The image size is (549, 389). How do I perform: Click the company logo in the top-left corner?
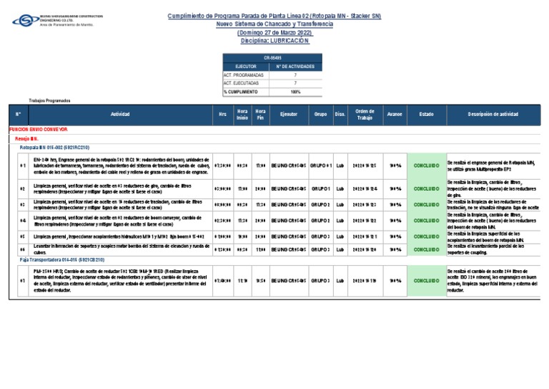click(43, 20)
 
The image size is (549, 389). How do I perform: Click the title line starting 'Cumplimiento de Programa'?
click(274, 16)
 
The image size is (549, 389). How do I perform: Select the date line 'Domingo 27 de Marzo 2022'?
click(274, 33)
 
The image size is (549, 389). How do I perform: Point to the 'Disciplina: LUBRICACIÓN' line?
click(274, 41)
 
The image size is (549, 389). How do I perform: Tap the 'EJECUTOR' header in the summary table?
click(246, 66)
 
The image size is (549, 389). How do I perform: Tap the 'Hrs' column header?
click(222, 115)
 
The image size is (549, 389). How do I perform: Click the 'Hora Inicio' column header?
click(242, 115)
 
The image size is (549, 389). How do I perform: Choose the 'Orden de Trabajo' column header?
click(365, 115)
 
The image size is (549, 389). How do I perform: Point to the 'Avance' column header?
click(394, 115)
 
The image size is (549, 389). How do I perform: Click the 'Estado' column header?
click(426, 115)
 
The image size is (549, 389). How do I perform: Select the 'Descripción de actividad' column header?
click(493, 115)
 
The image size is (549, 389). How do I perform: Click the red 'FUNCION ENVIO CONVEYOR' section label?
click(39, 130)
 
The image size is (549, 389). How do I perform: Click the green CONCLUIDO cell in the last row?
click(426, 281)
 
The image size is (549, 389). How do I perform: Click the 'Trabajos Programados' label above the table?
click(50, 101)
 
